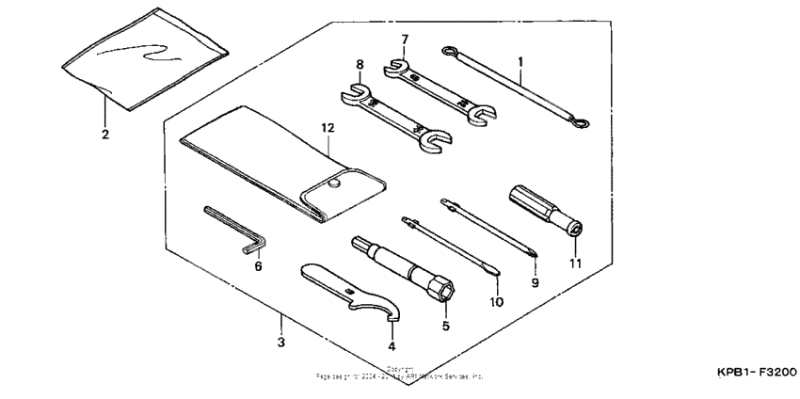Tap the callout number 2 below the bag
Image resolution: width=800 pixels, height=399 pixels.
pyautogui.click(x=105, y=135)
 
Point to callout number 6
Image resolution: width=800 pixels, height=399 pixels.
pyautogui.click(x=258, y=266)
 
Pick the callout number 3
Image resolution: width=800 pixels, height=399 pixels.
pyautogui.click(x=280, y=343)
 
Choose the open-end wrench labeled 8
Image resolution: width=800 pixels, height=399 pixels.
pyautogui.click(x=392, y=119)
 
